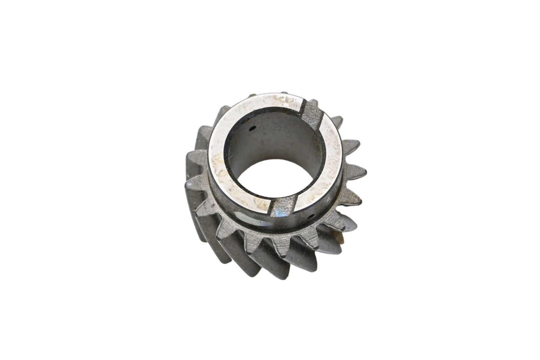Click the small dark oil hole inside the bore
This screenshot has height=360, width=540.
[253, 129]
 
